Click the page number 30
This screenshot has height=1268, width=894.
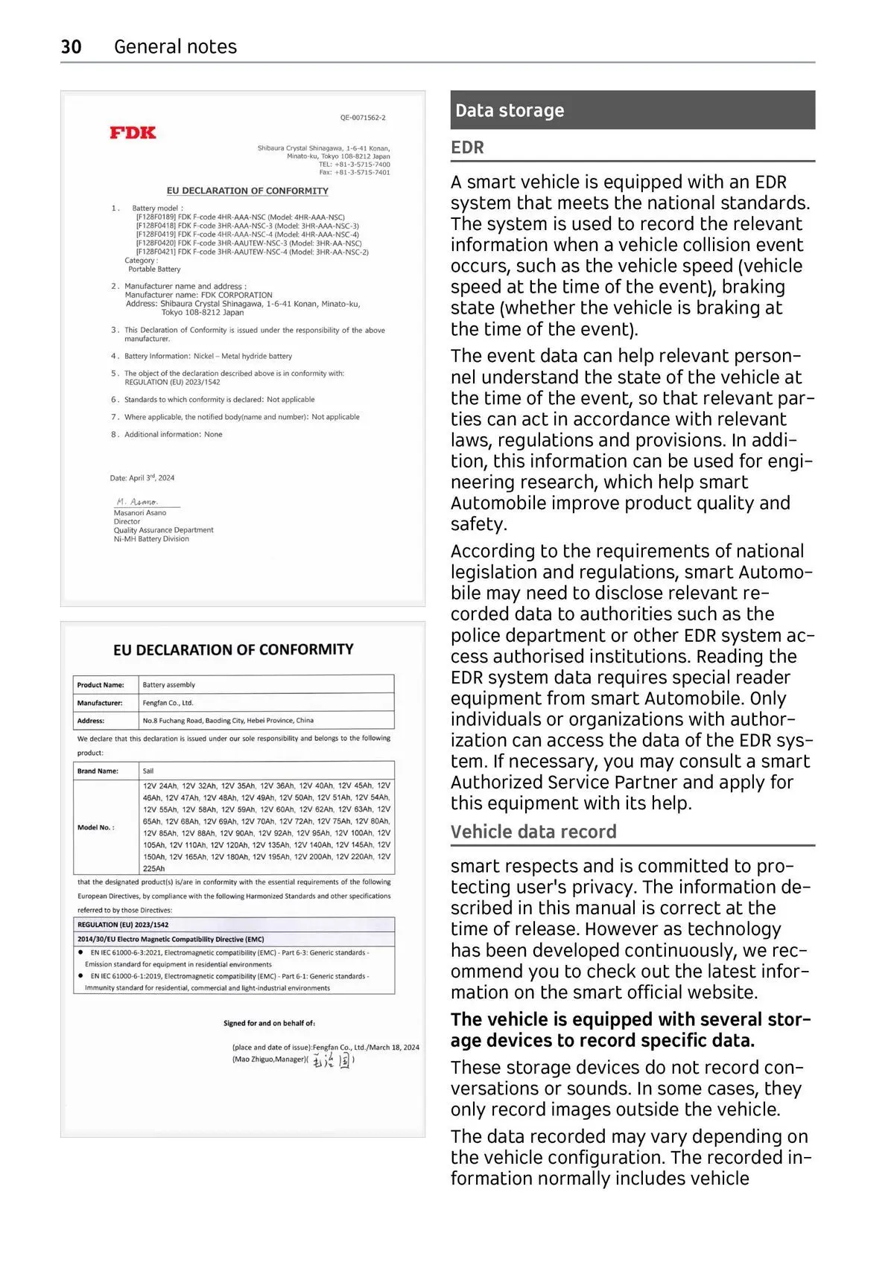71,47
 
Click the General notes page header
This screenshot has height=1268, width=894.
175,47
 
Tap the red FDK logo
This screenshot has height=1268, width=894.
133,133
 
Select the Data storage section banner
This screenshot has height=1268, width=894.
632,110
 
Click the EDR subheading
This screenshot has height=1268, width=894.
467,147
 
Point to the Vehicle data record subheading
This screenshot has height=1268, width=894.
533,832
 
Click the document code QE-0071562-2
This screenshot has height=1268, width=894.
363,118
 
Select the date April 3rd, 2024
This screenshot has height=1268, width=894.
142,478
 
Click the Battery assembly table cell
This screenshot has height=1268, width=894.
169,684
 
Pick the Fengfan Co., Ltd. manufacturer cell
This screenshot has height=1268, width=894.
168,702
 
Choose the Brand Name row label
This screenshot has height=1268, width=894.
98,771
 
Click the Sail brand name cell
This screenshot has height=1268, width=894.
148,771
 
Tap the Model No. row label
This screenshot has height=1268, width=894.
96,827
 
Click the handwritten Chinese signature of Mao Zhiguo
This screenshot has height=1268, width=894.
332,1060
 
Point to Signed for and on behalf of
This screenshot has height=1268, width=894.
269,1023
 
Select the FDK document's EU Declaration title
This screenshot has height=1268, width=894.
247,191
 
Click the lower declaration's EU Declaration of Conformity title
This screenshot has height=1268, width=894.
233,649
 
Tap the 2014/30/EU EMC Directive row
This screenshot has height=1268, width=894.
171,939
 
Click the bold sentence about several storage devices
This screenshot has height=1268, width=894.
630,1030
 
